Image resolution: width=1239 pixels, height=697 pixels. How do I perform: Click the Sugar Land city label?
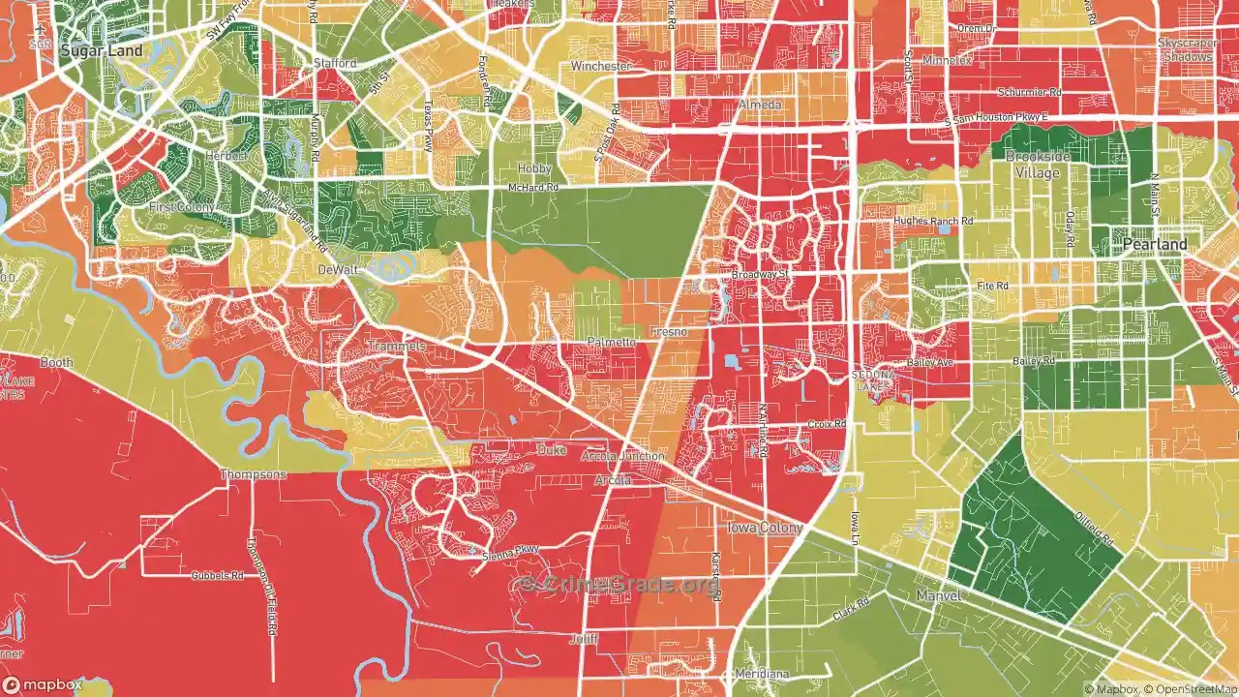click(101, 50)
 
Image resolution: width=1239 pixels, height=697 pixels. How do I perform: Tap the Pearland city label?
click(1154, 245)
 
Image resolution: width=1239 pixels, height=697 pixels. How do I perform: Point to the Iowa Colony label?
click(765, 528)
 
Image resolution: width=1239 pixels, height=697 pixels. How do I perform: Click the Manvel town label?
click(938, 596)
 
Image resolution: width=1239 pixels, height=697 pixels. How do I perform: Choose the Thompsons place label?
click(254, 474)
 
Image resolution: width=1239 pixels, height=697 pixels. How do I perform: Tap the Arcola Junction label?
click(623, 456)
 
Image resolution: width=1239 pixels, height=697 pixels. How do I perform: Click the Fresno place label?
click(669, 332)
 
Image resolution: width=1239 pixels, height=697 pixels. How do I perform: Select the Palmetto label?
click(612, 343)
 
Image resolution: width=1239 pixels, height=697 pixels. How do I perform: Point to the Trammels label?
click(397, 347)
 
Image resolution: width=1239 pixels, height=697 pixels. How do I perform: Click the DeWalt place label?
click(338, 270)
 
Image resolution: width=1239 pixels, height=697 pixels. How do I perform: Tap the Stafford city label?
click(335, 63)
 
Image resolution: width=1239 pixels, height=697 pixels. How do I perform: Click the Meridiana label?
click(762, 674)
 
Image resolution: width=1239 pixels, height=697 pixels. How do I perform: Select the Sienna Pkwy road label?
click(509, 554)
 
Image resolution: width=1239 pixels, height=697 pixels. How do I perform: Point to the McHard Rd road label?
click(534, 188)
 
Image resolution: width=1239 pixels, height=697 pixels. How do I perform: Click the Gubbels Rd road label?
click(217, 575)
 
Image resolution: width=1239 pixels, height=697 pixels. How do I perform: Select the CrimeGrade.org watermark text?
click(619, 584)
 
